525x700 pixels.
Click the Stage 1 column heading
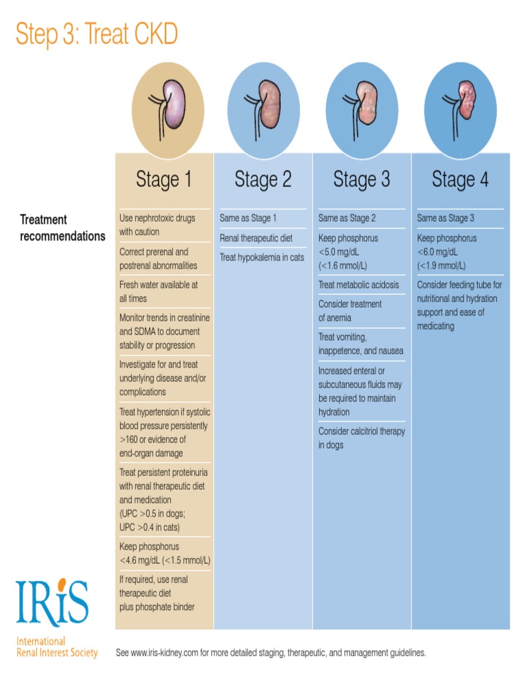pyautogui.click(x=164, y=180)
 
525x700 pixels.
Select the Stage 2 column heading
pyautogui.click(x=262, y=180)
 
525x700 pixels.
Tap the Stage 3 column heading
pyautogui.click(x=361, y=180)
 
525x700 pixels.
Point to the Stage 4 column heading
pyautogui.click(x=460, y=180)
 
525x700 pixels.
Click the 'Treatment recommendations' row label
pyautogui.click(x=62, y=228)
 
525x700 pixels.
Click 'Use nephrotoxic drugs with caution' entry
pyautogui.click(x=157, y=225)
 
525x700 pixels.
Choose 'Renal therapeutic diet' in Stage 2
pyautogui.click(x=256, y=238)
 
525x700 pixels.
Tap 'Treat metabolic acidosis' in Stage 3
pyautogui.click(x=358, y=284)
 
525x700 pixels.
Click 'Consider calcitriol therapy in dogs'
pyautogui.click(x=361, y=438)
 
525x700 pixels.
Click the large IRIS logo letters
pyautogui.click(x=53, y=602)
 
